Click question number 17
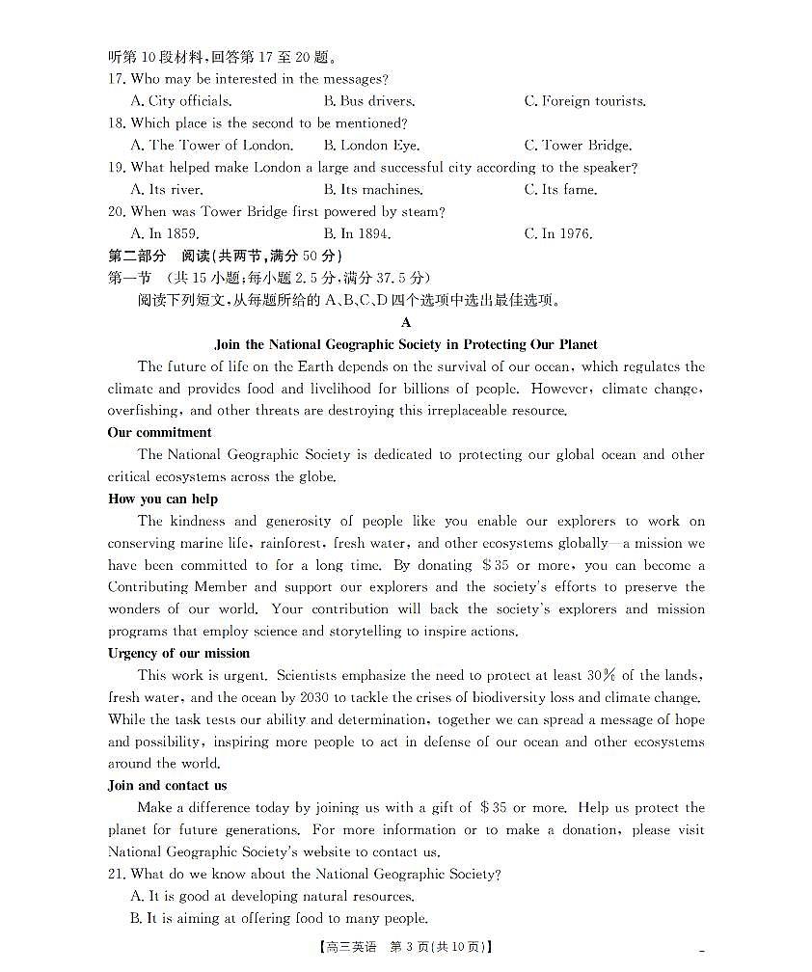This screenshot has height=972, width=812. (117, 79)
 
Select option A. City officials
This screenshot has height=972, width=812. (180, 101)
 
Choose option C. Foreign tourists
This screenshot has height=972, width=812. (584, 101)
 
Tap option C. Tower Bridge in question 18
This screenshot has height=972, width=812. (578, 146)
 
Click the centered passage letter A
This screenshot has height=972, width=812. (406, 322)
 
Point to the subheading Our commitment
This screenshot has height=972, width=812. (159, 432)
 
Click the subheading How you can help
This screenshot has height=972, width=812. (163, 499)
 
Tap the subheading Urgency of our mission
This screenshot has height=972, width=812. (178, 653)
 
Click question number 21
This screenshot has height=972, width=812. (117, 874)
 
